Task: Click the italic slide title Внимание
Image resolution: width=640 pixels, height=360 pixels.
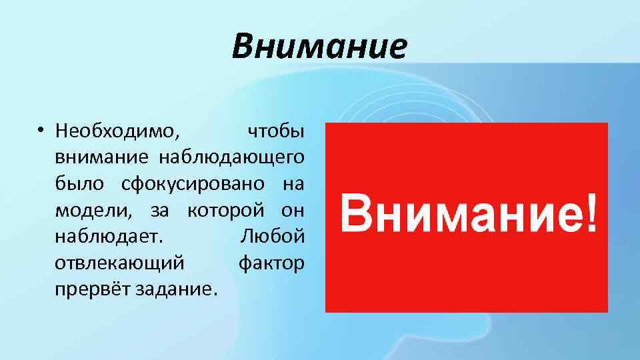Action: click(x=319, y=46)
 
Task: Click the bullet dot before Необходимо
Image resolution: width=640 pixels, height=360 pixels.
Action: click(x=41, y=131)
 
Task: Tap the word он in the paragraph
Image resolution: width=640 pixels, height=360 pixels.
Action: click(x=291, y=211)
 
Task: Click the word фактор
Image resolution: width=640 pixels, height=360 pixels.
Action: click(x=271, y=263)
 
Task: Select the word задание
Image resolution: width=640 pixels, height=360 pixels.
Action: click(x=177, y=290)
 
